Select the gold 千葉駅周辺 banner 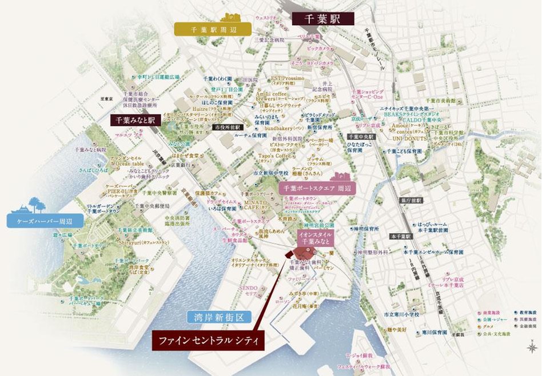click(x=213, y=27)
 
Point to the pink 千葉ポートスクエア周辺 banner click(x=316, y=188)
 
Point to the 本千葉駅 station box click(x=401, y=236)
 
